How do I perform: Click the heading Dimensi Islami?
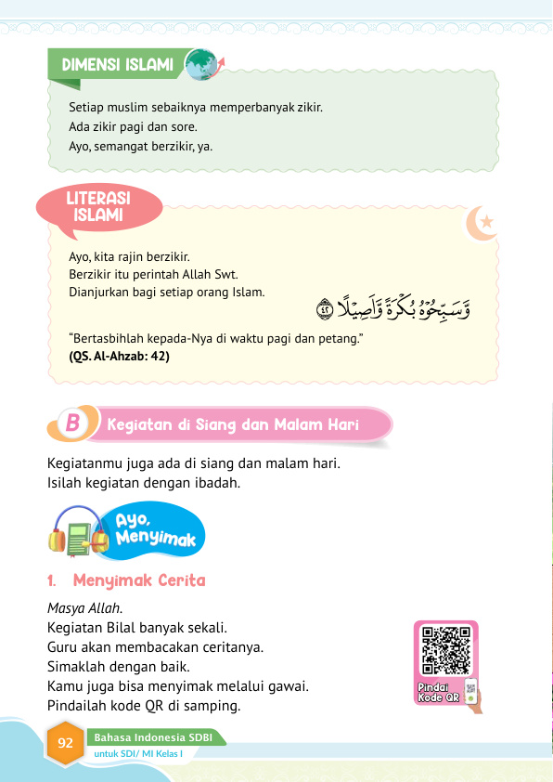pyautogui.click(x=118, y=65)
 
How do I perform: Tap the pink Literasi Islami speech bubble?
pyautogui.click(x=97, y=208)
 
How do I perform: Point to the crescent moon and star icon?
pyautogui.click(x=482, y=223)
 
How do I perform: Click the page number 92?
pyautogui.click(x=66, y=744)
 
